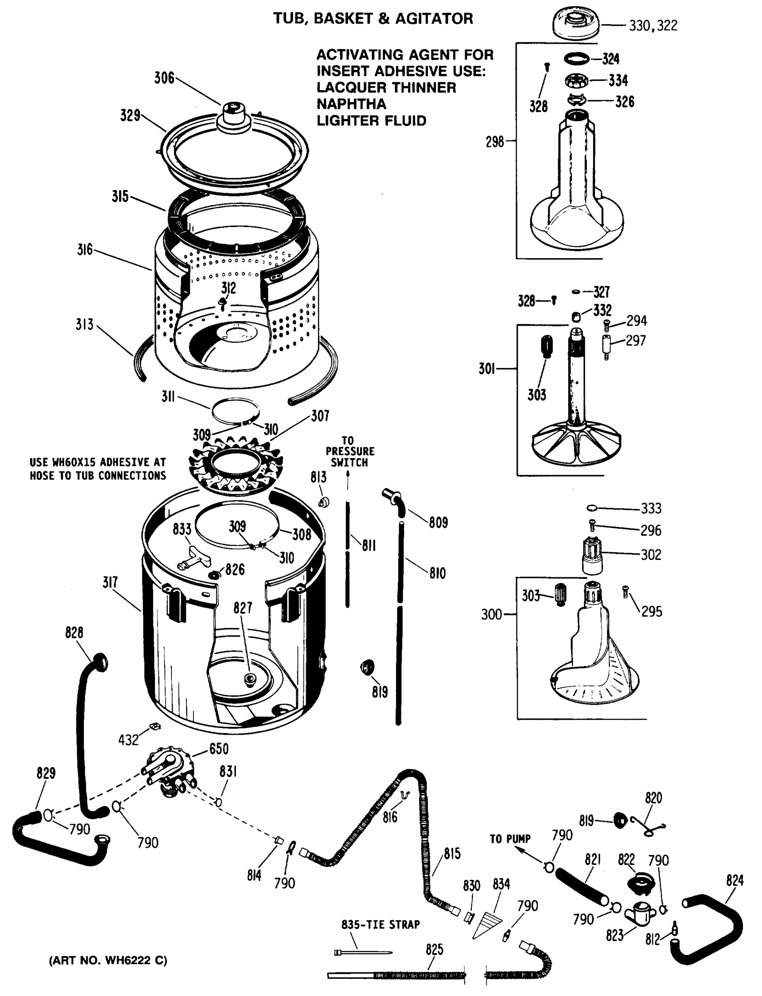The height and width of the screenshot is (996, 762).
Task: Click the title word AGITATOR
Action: coord(434,19)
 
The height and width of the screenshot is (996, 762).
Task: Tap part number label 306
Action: coord(164,78)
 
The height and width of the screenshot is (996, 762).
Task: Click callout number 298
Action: coord(495,142)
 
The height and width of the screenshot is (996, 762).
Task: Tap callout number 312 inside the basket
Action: coord(228,288)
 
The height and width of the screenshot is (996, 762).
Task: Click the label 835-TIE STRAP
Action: coord(380,924)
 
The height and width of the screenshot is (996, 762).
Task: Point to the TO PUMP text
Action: coord(510,839)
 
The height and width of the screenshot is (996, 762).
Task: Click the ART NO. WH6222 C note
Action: coord(108,960)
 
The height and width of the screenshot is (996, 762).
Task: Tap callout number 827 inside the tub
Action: coord(242,608)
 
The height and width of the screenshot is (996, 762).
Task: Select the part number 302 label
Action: coord(651,554)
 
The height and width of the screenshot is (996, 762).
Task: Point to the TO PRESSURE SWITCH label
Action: coord(350,452)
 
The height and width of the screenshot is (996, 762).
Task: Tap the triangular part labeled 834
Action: coord(487,924)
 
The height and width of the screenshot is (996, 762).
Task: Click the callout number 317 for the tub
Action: coord(110,582)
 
